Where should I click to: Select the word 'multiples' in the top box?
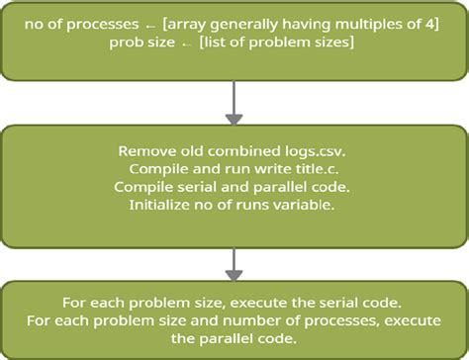point(341,23)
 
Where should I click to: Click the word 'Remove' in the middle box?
point(145,152)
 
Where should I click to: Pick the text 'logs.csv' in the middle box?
point(317,152)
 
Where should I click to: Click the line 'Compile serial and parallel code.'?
point(234,187)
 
